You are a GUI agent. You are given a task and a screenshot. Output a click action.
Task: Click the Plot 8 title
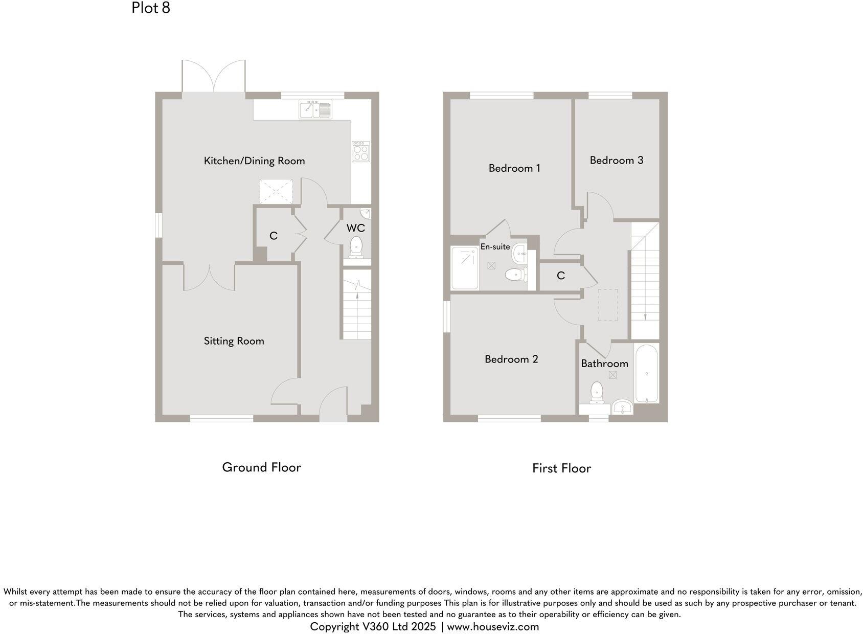point(150,8)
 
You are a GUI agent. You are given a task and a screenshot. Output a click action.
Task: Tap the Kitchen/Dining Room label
point(254,161)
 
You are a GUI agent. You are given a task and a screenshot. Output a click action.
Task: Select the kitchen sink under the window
point(315,109)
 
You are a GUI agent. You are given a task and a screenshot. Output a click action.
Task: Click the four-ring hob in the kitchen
point(360,151)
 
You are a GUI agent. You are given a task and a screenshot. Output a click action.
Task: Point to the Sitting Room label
point(234,341)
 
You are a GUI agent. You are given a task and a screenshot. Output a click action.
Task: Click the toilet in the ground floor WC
point(356,247)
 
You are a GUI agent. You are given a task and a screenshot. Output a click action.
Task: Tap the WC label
point(355,228)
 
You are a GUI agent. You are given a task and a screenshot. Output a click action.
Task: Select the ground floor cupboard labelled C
point(274,236)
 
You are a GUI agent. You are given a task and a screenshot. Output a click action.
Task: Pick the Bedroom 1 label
point(514,168)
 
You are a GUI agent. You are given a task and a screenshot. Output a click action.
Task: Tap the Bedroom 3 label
point(616,161)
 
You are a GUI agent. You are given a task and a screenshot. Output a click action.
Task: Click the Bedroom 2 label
point(511,359)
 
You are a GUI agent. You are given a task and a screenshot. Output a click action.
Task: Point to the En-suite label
point(495,247)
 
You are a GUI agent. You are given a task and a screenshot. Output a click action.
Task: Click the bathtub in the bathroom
point(647,374)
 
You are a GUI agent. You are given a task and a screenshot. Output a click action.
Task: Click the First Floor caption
point(561,468)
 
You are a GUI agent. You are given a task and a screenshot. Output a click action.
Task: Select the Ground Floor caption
point(261,467)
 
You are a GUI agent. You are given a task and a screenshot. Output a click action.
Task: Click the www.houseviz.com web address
point(493,627)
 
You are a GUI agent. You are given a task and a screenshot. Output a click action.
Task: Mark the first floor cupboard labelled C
point(560,276)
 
